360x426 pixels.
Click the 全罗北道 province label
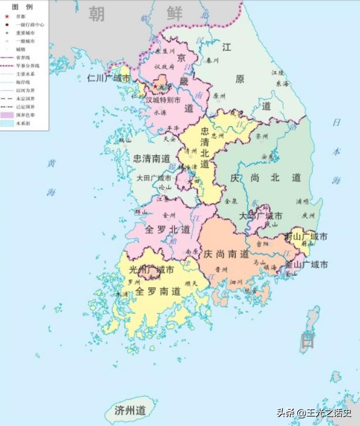coord(161,229)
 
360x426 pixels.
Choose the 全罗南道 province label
coord(158,291)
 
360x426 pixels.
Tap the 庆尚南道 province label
coord(226,254)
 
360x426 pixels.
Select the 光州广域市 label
coord(151,271)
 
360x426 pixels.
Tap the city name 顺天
coord(191,283)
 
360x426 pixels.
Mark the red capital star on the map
coord(155,87)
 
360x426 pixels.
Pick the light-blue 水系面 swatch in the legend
coord(8,124)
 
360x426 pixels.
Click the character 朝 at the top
coord(97,13)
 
